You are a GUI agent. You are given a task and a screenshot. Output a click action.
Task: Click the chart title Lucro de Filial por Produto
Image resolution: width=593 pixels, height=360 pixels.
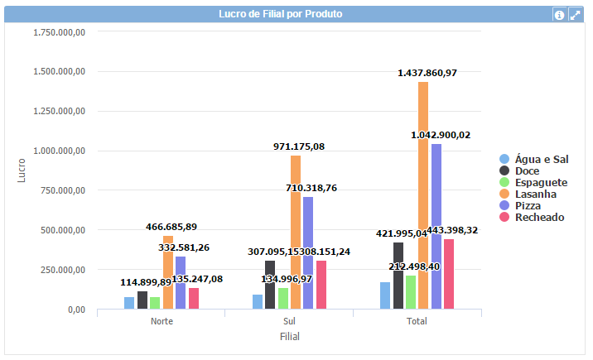click(280, 14)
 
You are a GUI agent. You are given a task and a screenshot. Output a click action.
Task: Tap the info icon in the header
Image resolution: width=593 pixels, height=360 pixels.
click(559, 15)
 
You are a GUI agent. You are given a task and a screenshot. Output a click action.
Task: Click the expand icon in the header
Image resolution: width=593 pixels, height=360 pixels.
click(575, 15)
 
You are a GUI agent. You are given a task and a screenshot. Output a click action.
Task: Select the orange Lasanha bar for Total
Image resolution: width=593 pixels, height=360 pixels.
click(423, 195)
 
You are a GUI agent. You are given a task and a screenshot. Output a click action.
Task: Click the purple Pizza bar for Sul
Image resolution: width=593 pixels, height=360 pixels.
click(308, 252)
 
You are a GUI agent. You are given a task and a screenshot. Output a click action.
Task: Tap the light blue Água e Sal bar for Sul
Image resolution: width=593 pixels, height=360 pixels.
click(258, 301)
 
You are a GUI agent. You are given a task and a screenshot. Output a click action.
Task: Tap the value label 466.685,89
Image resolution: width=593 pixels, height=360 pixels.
click(171, 226)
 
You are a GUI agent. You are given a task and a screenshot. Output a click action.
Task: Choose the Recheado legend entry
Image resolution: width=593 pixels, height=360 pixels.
click(538, 217)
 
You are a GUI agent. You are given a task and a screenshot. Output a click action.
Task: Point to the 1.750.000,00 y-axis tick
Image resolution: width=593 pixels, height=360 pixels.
click(59, 31)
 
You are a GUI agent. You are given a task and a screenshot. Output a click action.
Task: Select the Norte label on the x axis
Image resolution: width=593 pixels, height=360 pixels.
click(162, 321)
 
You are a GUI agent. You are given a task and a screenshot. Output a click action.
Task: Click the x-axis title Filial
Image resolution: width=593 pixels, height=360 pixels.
click(289, 337)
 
